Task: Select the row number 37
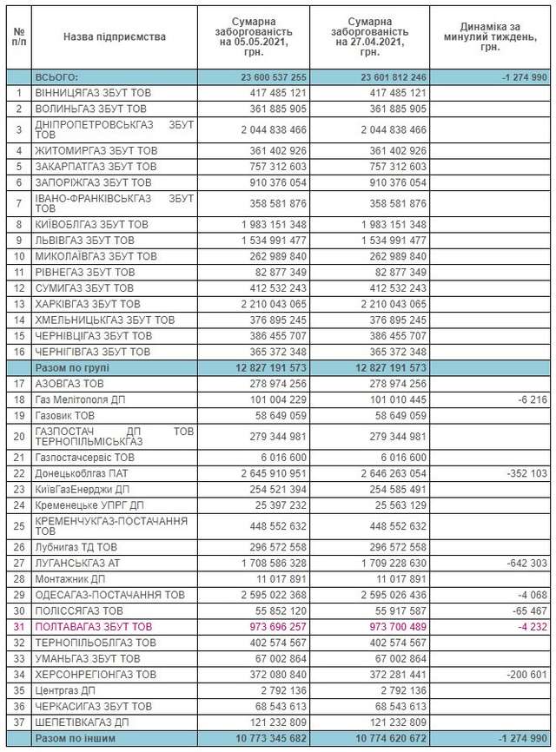(x=19, y=722)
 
